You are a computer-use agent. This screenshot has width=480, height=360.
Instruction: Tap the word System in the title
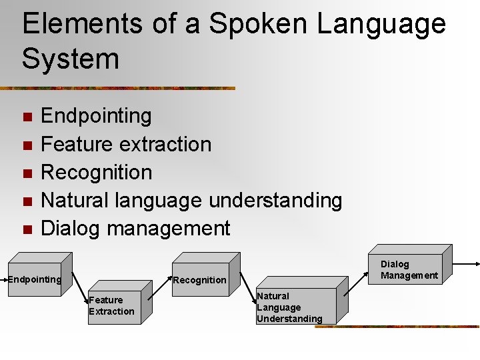point(70,58)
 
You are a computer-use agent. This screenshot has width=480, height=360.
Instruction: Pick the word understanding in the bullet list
point(275,200)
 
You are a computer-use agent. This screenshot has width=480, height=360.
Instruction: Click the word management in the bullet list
point(168,229)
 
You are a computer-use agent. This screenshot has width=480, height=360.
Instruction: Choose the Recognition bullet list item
point(97,172)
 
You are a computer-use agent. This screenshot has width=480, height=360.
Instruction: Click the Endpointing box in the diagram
point(35,279)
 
